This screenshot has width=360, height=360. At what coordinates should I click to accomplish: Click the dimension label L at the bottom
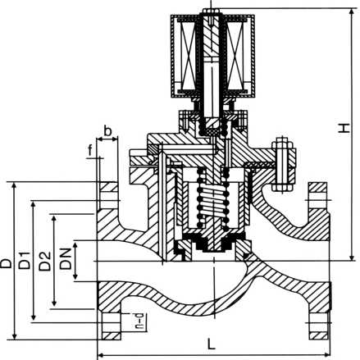click(212, 345)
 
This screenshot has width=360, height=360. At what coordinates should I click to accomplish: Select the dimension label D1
click(24, 262)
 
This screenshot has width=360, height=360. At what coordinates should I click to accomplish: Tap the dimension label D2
click(43, 262)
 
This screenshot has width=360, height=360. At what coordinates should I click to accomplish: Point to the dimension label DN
click(65, 262)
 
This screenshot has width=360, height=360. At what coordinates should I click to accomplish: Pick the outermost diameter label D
click(7, 262)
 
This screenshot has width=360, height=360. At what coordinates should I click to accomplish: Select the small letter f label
click(90, 149)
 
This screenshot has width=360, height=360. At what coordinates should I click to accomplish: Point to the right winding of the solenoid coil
click(243, 54)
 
